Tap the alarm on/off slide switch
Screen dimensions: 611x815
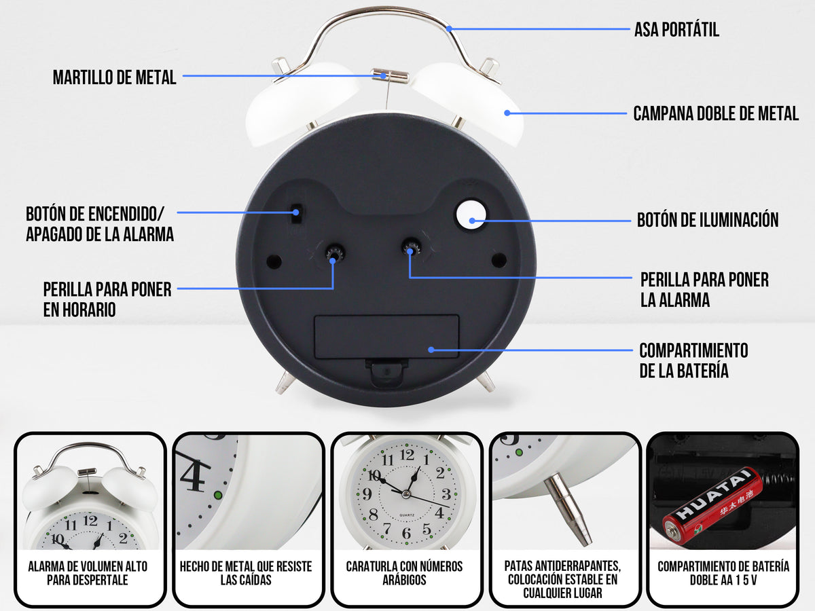point(295,213)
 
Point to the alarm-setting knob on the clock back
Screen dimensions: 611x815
point(410,248)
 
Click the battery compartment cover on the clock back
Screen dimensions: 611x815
point(386,337)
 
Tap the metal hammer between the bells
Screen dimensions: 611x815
point(390,76)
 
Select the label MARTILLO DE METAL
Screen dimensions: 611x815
point(115,77)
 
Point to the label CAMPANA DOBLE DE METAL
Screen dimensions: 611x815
point(716,113)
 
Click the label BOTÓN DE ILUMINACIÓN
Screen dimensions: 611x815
point(708,220)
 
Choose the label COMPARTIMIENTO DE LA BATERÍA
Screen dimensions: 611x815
point(693,360)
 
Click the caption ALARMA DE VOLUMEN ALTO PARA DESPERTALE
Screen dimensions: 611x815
point(88,573)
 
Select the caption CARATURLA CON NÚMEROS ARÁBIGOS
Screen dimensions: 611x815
point(404,573)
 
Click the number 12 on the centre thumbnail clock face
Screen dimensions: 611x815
point(407,456)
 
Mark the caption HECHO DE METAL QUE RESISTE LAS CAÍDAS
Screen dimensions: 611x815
point(246,573)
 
